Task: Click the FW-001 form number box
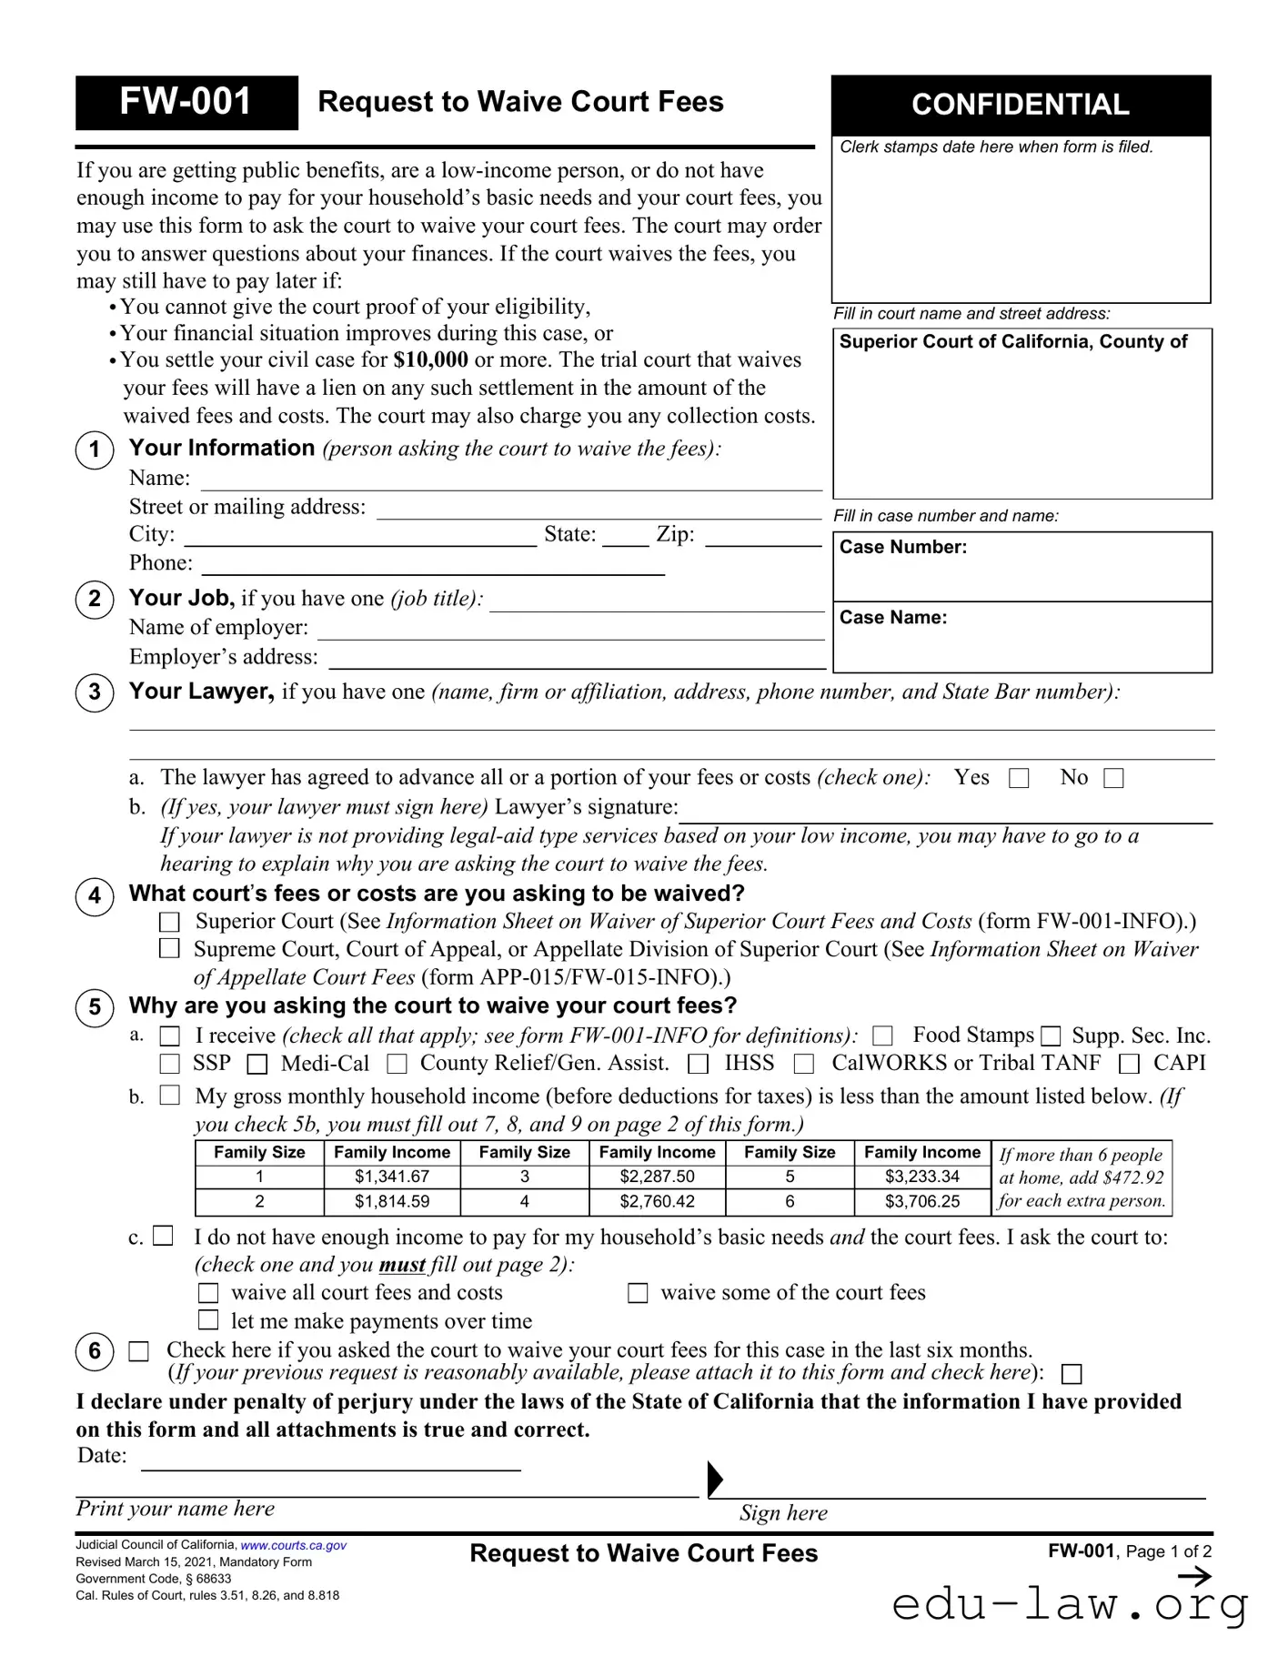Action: (x=186, y=102)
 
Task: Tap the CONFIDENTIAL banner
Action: (x=1020, y=105)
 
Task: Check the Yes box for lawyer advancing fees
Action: (x=1020, y=778)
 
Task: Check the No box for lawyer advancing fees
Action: (x=1113, y=778)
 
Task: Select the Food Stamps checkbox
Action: (x=882, y=1036)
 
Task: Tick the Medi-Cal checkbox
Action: (x=257, y=1064)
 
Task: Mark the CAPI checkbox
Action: (x=1129, y=1064)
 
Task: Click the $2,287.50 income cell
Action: (x=657, y=1177)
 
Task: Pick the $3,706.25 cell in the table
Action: (x=921, y=1201)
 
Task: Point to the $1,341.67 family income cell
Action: (x=392, y=1177)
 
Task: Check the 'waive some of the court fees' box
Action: (x=639, y=1293)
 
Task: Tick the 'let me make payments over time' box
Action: (x=209, y=1320)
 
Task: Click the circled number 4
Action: (x=95, y=896)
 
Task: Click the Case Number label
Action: (x=902, y=547)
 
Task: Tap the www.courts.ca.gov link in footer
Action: (x=293, y=1545)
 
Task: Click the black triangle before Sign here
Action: (x=714, y=1479)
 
